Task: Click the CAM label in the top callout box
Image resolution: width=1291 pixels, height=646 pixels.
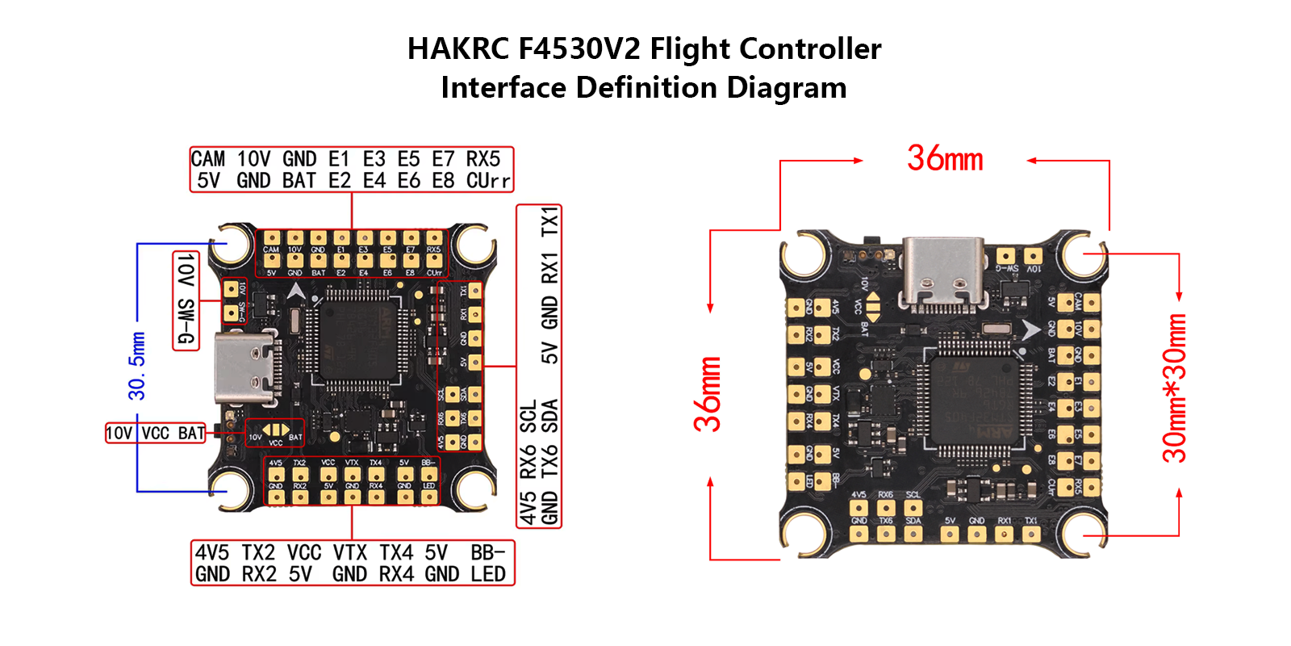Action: point(208,159)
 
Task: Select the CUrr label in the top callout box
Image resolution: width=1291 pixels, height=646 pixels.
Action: point(488,181)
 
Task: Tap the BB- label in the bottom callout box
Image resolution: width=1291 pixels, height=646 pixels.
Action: point(487,553)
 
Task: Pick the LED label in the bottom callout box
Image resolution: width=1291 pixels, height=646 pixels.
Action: point(488,574)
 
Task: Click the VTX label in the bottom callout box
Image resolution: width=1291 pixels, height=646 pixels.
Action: point(350,553)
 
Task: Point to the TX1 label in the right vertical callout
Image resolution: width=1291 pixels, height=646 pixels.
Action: point(549,221)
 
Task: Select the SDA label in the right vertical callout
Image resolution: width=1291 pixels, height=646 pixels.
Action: point(549,416)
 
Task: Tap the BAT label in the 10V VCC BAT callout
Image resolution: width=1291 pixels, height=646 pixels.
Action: point(191,434)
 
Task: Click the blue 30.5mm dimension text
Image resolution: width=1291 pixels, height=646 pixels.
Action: point(137,366)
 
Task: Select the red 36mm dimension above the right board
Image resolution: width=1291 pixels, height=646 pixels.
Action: point(945,158)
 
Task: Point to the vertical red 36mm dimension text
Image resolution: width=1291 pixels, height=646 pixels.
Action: point(708,394)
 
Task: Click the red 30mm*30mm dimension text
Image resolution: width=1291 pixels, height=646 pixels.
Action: point(1175,388)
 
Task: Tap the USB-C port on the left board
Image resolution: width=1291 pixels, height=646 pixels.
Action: point(246,368)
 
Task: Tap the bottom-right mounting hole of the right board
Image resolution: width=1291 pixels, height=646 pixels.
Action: point(1084,532)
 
